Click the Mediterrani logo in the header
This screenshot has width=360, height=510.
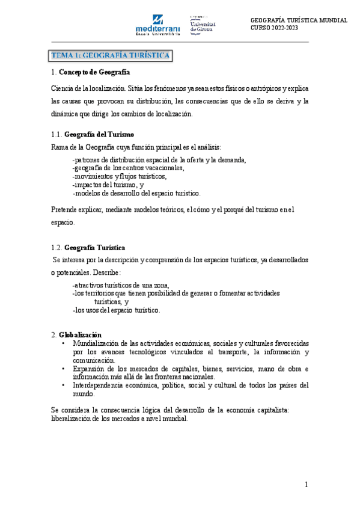158,26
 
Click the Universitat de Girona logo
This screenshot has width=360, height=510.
203,24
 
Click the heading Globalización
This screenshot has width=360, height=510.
80,334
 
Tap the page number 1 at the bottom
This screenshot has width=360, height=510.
306,485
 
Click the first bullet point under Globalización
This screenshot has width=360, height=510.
64,343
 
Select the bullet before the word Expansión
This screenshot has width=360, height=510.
64,368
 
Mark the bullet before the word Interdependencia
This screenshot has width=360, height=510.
64,385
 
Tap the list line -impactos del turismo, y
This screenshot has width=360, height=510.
108,185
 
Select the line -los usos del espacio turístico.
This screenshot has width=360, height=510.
116,310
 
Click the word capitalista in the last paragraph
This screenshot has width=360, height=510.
271,410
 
